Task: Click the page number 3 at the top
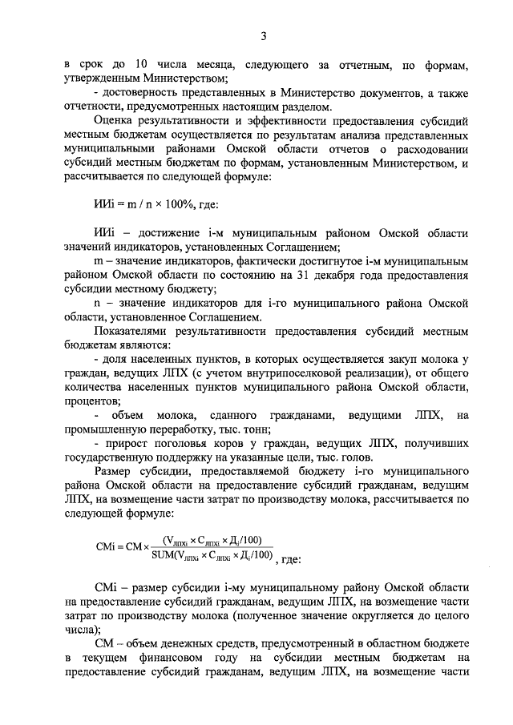pyautogui.click(x=261, y=36)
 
